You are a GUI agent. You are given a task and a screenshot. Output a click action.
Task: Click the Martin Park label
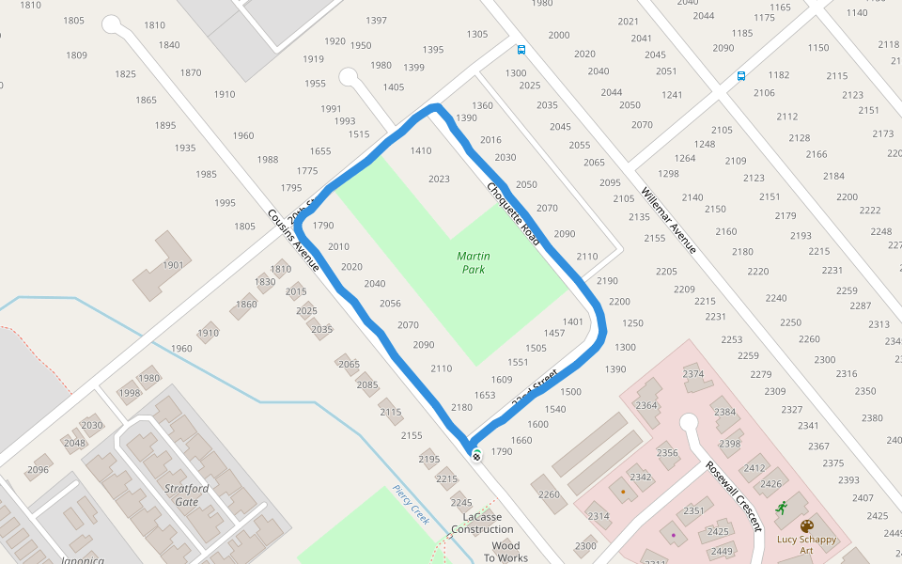pyautogui.click(x=473, y=262)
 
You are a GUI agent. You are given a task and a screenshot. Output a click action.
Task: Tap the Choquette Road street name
pyautogui.click(x=512, y=214)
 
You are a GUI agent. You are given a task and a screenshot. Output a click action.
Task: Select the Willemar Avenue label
pyautogui.click(x=668, y=220)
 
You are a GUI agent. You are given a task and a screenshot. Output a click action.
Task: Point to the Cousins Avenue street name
pyautogui.click(x=293, y=241)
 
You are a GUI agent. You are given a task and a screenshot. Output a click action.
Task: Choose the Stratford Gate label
pyautogui.click(x=187, y=495)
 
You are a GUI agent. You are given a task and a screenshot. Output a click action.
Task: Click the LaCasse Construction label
pyautogui.click(x=482, y=524)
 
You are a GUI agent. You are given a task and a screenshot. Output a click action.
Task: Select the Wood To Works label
pyautogui.click(x=505, y=552)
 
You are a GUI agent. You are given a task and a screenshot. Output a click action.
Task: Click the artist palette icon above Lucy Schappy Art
pyautogui.click(x=806, y=525)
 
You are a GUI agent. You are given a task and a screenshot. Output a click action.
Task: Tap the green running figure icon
pyautogui.click(x=782, y=508)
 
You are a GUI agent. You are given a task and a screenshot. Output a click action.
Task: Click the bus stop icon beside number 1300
pyautogui.click(x=521, y=51)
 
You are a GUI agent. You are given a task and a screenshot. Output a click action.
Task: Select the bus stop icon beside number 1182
pyautogui.click(x=741, y=76)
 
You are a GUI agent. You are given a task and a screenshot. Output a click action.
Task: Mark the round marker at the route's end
pyautogui.click(x=476, y=456)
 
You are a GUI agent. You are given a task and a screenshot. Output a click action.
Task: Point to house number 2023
pyautogui.click(x=439, y=179)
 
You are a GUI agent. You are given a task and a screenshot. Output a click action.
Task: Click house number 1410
pyautogui.click(x=421, y=150)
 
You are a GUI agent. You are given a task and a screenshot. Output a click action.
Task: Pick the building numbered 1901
pyautogui.click(x=173, y=265)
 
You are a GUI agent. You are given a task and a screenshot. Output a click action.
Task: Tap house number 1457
pyautogui.click(x=554, y=333)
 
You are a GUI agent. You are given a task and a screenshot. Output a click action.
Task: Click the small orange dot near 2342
pyautogui.click(x=622, y=492)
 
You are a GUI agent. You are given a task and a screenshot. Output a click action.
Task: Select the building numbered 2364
pyautogui.click(x=646, y=405)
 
